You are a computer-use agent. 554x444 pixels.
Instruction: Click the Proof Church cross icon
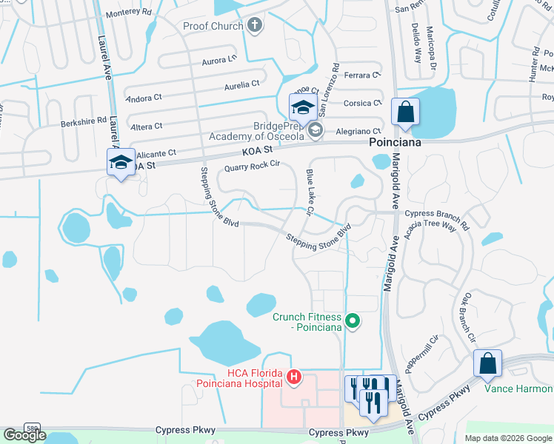click(255, 27)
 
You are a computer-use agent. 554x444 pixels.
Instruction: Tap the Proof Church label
click(213, 27)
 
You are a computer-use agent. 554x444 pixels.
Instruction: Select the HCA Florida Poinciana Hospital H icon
click(294, 378)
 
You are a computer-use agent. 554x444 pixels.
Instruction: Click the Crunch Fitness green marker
click(353, 321)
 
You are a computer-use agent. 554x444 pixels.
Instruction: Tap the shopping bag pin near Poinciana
click(405, 112)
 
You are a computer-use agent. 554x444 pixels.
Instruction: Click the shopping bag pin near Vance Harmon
click(487, 364)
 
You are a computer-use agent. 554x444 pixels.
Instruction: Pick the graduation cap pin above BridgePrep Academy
click(302, 108)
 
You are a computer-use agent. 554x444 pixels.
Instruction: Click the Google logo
click(24, 435)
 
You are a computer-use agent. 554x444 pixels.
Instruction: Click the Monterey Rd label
click(128, 13)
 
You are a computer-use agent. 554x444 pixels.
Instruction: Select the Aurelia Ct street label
click(236, 85)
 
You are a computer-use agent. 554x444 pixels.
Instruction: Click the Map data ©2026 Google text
click(507, 438)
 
